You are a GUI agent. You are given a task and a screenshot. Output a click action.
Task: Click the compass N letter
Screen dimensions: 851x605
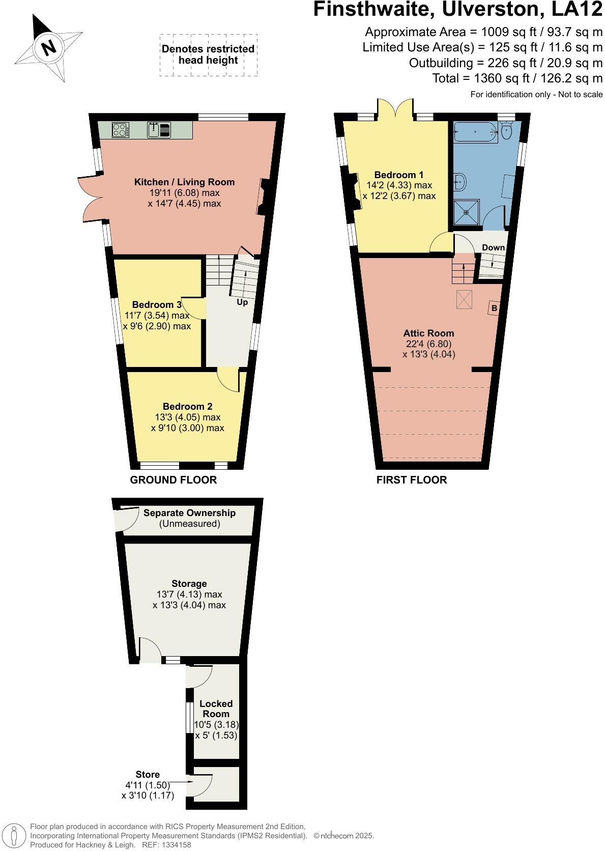(x=49, y=48)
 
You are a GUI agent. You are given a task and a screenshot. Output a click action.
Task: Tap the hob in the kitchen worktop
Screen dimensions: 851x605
(x=120, y=130)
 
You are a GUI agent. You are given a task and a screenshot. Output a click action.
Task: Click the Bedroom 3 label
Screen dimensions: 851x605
(x=157, y=304)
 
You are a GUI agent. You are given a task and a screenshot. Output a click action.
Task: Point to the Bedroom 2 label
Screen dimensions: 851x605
(x=187, y=406)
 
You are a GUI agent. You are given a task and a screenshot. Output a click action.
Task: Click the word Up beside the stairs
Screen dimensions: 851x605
(x=242, y=302)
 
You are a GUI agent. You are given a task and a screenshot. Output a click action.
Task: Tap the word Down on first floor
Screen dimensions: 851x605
(x=493, y=247)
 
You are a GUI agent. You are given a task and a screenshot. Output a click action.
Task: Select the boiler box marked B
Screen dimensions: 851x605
(x=494, y=308)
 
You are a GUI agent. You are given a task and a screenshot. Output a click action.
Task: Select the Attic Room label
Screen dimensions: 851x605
(x=428, y=333)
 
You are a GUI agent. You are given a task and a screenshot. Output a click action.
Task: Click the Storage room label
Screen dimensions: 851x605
(x=189, y=583)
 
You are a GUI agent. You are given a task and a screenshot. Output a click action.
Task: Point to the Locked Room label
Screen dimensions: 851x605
(x=216, y=708)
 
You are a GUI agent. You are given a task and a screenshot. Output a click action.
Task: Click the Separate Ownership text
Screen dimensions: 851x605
(x=189, y=513)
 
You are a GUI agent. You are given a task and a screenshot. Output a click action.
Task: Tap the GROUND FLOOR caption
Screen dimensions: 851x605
(x=174, y=479)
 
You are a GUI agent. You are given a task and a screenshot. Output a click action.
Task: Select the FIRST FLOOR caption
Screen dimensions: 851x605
(x=412, y=479)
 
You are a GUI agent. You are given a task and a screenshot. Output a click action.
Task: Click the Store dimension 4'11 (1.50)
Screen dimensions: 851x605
(x=148, y=785)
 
